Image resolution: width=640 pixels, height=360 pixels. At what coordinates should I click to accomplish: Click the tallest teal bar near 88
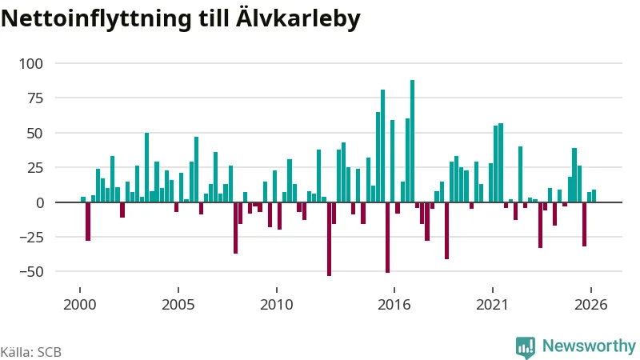point(412,141)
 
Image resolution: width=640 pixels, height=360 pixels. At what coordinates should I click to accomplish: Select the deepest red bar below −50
point(329,238)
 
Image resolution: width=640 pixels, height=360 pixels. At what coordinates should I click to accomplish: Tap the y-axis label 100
point(31,64)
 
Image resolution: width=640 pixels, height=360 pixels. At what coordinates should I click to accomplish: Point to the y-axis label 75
point(34,98)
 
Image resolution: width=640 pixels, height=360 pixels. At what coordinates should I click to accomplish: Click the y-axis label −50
point(30,272)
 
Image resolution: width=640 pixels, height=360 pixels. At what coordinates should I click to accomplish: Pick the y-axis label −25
point(30,237)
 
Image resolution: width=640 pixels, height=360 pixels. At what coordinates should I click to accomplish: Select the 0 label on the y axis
point(39,202)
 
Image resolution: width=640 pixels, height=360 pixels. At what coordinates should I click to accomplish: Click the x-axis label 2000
point(79,305)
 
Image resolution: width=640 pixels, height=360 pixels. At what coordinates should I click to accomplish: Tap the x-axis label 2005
point(178,305)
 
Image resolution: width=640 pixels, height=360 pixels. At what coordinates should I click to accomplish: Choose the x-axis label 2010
point(276,305)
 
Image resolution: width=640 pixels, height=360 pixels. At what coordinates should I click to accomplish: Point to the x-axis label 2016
point(394,305)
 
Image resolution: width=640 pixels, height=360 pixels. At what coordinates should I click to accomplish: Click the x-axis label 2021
point(492,305)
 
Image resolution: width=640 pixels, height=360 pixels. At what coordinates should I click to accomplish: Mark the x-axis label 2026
point(590,305)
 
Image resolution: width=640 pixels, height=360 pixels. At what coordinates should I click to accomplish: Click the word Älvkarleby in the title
point(298,18)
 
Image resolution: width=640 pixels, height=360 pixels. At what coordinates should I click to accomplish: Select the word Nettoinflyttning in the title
point(96,18)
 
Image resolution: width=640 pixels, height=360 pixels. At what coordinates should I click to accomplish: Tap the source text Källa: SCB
point(31,352)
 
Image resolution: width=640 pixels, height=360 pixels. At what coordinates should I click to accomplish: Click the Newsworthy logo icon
point(526,347)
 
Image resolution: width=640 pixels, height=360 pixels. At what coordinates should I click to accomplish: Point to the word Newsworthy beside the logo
point(589,346)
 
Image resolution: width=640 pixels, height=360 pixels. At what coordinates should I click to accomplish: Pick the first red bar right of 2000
point(88,222)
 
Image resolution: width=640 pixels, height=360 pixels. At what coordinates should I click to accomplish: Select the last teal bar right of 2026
point(594,196)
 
